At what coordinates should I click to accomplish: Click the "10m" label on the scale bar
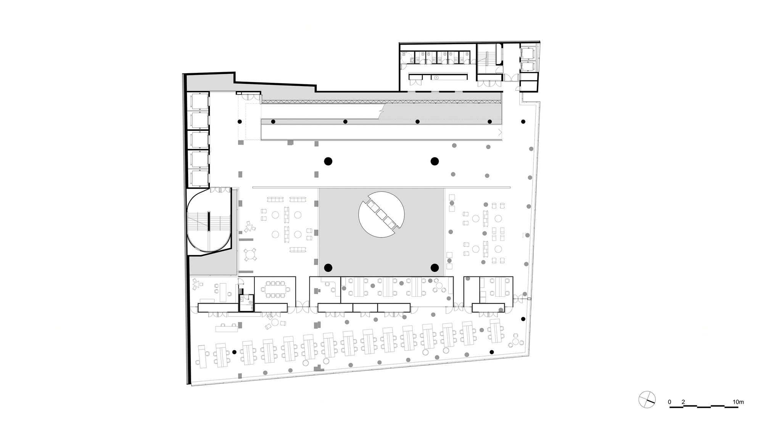pos(738,402)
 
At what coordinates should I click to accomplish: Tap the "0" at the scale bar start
pos(670,402)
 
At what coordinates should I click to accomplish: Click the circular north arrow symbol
pos(647,400)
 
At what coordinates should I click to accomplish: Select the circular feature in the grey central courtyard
pos(381,214)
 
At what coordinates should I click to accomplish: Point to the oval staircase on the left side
pos(209,221)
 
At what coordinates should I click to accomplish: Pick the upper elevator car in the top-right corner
pos(528,53)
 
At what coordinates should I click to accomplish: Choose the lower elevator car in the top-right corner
pos(528,67)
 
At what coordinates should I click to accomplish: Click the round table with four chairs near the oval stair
pos(251,254)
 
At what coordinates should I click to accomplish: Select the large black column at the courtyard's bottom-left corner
pos(328,268)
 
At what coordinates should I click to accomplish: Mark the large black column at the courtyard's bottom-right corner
pos(434,268)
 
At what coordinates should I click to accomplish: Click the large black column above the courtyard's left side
pos(328,161)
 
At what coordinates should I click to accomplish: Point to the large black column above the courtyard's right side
pos(434,161)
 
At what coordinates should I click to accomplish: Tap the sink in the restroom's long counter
pos(437,77)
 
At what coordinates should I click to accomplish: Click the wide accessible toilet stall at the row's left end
pos(407,58)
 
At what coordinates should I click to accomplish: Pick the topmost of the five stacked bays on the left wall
pos(198,101)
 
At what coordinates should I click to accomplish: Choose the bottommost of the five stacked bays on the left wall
pos(198,178)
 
